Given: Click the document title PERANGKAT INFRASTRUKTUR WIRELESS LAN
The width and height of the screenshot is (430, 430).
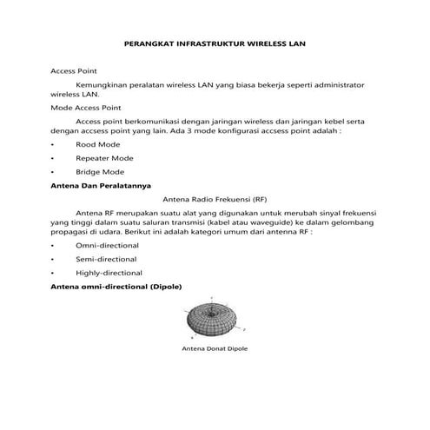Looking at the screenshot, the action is [215, 41].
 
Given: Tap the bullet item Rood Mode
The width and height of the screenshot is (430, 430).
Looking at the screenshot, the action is [97, 144].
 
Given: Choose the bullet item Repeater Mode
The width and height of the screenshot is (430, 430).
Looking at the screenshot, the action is [104, 159].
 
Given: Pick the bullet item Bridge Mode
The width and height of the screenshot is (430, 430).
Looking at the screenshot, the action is [100, 173].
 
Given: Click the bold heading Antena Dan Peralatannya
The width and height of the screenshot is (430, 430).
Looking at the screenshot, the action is [102, 185].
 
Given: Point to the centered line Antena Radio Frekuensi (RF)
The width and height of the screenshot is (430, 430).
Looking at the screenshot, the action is [215, 198].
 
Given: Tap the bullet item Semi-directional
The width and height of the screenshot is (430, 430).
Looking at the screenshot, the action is [106, 259].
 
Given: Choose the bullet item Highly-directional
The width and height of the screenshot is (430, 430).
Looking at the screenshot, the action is [109, 273].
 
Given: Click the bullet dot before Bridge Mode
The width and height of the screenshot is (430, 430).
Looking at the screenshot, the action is [54, 173].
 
